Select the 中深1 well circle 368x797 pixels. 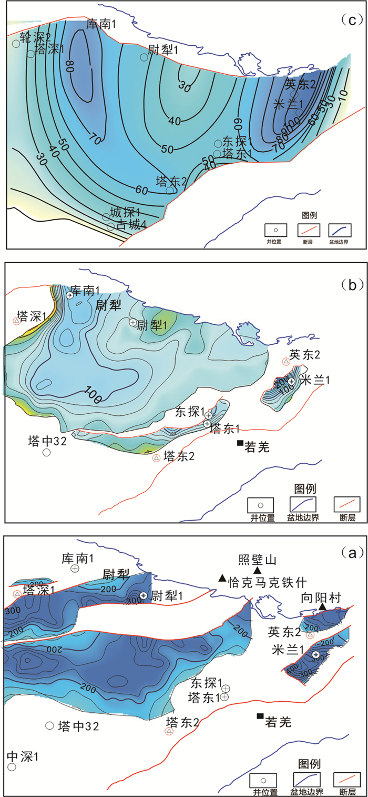coord(12,767)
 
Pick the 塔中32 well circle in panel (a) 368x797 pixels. coord(50,725)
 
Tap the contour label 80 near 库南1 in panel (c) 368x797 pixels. coord(69,66)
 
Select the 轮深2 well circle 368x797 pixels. coord(16,44)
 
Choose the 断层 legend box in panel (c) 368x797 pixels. coord(309,230)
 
